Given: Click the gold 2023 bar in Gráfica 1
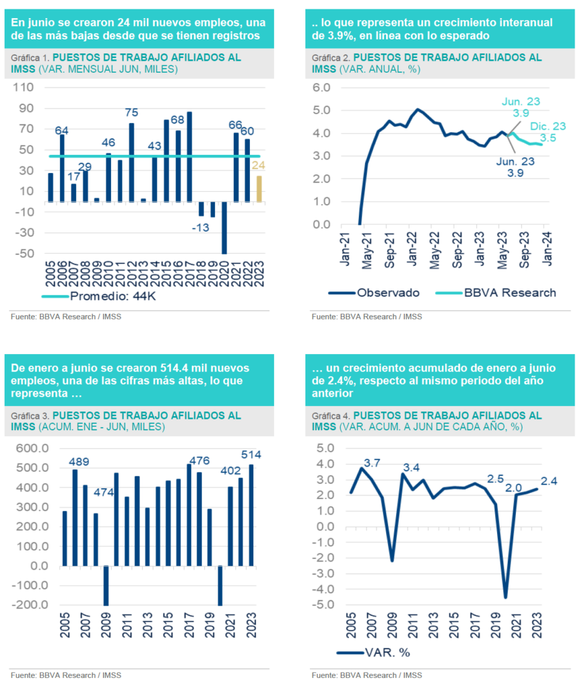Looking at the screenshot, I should (259, 188).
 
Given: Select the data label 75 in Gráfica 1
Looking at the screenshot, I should (132, 112).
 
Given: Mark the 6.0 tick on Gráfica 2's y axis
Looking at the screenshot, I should (322, 88).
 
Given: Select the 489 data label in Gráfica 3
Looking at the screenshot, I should (79, 462).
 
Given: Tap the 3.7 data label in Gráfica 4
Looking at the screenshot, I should (372, 462).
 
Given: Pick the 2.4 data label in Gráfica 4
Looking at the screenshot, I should (549, 480).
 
